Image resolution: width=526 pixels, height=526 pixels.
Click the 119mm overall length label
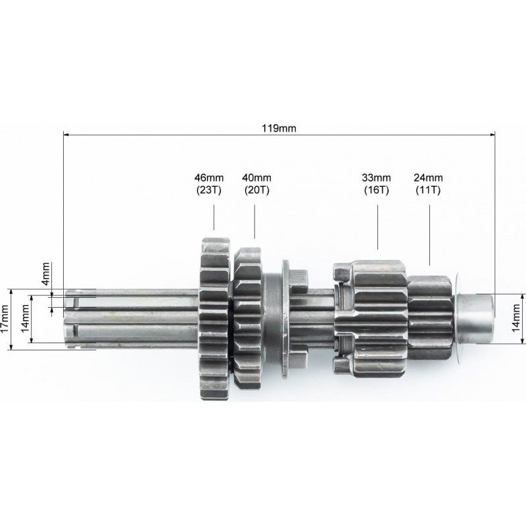coord(279,128)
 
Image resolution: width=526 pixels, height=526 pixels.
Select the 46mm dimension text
coord(208,178)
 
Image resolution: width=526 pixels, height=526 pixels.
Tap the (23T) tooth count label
coord(208,190)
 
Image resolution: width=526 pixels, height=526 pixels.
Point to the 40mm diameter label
coord(256,178)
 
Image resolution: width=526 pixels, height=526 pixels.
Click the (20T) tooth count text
coord(256,190)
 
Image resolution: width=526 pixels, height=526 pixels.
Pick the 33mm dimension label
coord(376,178)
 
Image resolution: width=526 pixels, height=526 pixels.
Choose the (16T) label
coord(376,190)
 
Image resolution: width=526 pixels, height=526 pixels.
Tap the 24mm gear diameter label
coord(428,178)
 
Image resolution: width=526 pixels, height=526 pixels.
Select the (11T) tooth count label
coord(428,190)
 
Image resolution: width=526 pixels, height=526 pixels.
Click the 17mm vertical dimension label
coord(5,319)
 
